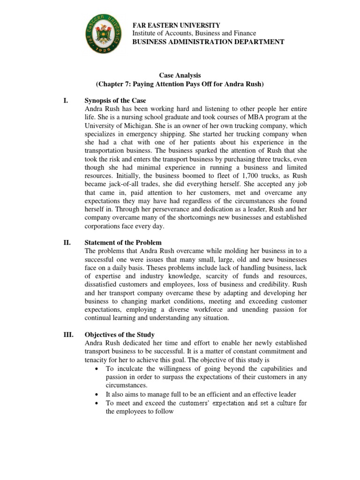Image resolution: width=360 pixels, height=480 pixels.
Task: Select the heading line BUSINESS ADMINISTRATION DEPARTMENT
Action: point(209,42)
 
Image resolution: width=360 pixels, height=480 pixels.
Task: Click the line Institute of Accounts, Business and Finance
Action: point(194,33)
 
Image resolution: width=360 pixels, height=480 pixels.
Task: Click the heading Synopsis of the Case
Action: point(115,101)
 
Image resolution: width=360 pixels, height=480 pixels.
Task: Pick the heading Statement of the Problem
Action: point(123,242)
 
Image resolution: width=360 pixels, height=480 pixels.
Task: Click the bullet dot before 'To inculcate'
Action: point(96,369)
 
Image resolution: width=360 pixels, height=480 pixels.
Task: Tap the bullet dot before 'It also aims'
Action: point(96,395)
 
